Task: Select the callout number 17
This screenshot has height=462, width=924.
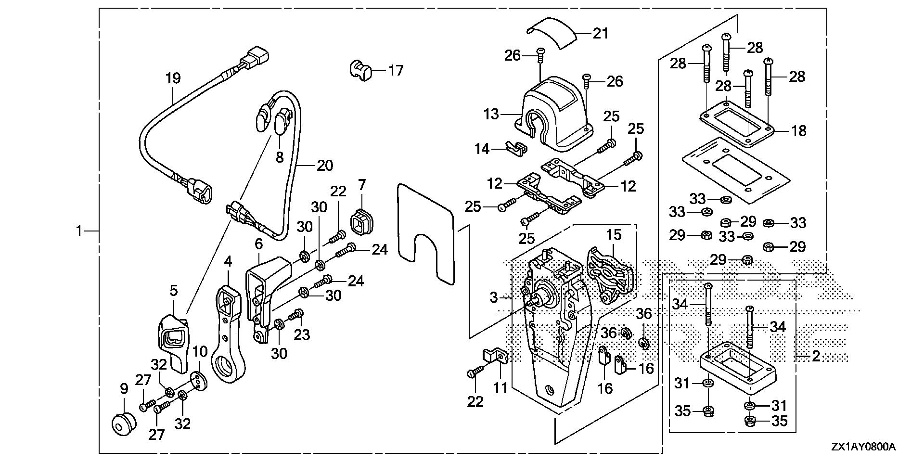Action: click(396, 71)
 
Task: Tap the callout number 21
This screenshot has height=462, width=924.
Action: click(600, 33)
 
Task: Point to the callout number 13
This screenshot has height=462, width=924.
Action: click(491, 115)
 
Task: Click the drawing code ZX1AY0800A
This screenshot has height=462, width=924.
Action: click(862, 447)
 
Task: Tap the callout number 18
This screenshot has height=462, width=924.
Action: click(799, 130)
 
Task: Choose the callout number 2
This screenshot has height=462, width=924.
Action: click(815, 357)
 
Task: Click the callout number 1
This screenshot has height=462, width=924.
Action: click(80, 231)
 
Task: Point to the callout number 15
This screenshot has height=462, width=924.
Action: click(614, 235)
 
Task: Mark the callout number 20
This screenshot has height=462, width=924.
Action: click(325, 166)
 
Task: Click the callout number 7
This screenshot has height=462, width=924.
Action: click(361, 185)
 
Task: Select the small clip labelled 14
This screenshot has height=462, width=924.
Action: click(516, 148)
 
